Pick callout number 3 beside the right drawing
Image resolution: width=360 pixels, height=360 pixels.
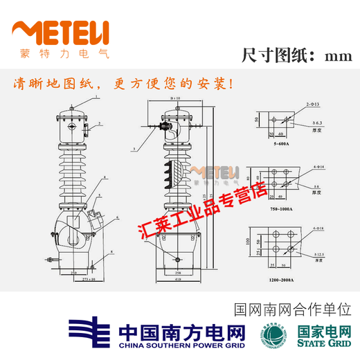pyautogui.click(x=132, y=150)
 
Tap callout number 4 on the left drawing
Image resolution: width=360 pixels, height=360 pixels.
pyautogui.click(x=105, y=178)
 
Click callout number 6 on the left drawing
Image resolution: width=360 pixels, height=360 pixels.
pyautogui.click(x=118, y=217)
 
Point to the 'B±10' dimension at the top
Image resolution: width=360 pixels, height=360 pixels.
pyautogui.click(x=175, y=99)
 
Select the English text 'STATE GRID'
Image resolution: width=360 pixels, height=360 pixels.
pyautogui.click(x=323, y=342)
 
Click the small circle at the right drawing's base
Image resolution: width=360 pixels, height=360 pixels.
pyautogui.click(x=178, y=260)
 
